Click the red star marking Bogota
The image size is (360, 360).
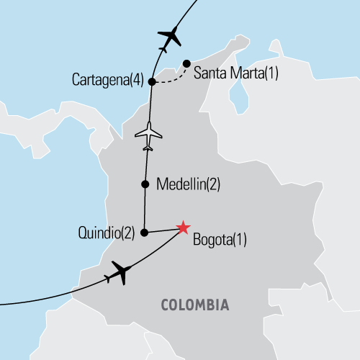(x=183, y=228)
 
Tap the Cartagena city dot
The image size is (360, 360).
(x=152, y=82)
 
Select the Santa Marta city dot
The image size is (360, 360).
(x=186, y=64)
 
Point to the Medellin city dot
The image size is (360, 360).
(x=145, y=184)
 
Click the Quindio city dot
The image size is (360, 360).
(x=145, y=233)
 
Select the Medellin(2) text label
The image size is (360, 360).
(x=187, y=184)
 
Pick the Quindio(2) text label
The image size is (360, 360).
(x=107, y=233)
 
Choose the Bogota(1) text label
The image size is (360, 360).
(x=220, y=240)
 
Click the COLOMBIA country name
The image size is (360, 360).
(x=195, y=305)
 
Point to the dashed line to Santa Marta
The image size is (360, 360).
(x=171, y=78)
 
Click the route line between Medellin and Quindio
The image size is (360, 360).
(x=145, y=209)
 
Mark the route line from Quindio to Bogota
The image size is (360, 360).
(x=164, y=230)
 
